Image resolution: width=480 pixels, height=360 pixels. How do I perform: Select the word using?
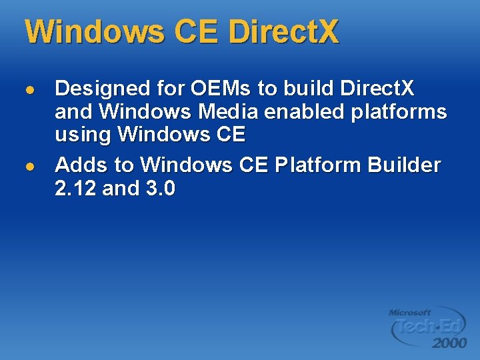(x=83, y=135)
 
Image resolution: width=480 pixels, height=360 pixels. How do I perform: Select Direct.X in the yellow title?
(x=283, y=31)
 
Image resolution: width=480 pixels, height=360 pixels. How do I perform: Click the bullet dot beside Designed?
(x=29, y=89)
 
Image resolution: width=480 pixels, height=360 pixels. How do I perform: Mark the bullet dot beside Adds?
(x=29, y=165)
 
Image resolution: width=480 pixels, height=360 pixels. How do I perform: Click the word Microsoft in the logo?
(x=409, y=312)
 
